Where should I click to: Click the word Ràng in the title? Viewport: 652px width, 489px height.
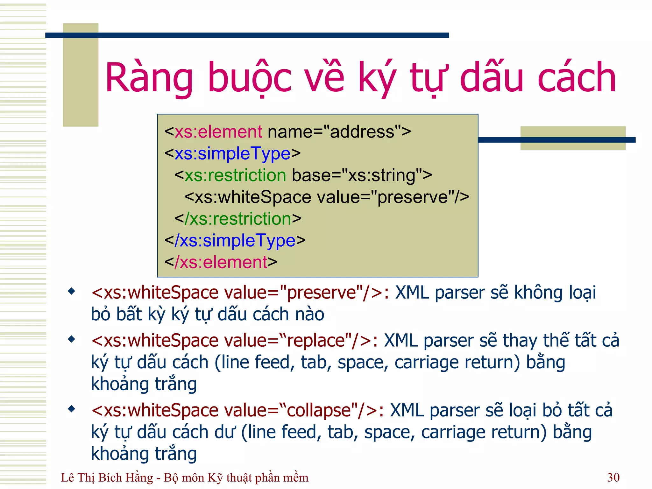point(149,78)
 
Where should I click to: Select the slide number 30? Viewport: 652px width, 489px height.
point(613,477)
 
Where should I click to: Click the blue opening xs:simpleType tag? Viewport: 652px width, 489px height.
point(232,153)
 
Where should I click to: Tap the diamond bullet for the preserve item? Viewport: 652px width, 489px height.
point(72,291)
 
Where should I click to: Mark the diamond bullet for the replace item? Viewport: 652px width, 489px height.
point(72,339)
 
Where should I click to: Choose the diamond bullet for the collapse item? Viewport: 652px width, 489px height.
point(72,409)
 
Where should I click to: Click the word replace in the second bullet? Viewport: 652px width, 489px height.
point(316,341)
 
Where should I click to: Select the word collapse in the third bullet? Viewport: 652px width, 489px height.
point(318,410)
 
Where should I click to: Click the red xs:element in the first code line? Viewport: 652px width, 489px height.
point(218,132)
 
